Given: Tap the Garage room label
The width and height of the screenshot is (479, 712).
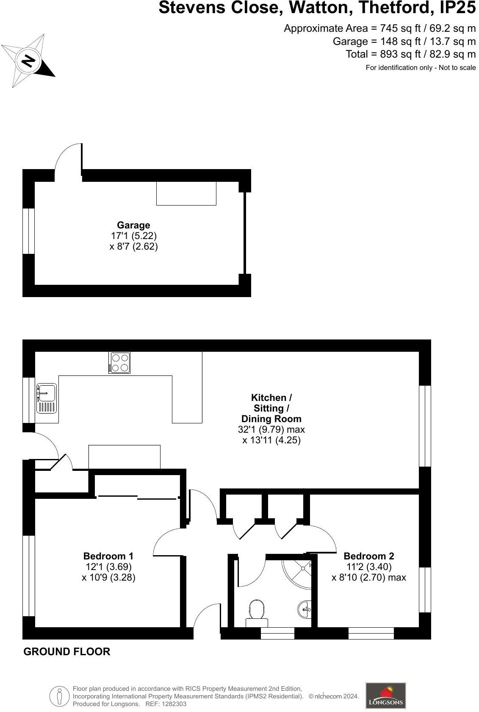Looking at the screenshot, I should pos(133,225).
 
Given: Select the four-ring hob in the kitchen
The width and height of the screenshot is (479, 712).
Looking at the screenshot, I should pos(119,363).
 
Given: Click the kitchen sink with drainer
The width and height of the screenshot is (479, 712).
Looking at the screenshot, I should pos(46,398).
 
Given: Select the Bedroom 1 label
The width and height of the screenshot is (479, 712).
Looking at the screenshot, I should pos(108,556).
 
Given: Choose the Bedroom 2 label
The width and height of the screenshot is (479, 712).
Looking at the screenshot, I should pos(369,556).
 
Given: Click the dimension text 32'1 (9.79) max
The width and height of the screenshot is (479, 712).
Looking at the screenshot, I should pos(271,429).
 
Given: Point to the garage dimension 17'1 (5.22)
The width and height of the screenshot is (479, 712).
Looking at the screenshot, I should pos(133,236).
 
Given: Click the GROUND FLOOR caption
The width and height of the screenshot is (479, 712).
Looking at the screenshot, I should pos(67,651).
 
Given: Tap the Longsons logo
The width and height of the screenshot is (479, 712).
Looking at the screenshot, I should pos(385,695).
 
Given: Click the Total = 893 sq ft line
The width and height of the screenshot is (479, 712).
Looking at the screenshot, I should pos(410,54).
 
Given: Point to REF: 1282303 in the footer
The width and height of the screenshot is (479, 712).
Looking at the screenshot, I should pos(166,704).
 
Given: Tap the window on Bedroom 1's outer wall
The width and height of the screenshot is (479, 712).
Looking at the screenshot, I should pos(29,576).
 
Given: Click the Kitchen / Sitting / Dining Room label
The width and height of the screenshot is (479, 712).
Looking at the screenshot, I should pos(271,408).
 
